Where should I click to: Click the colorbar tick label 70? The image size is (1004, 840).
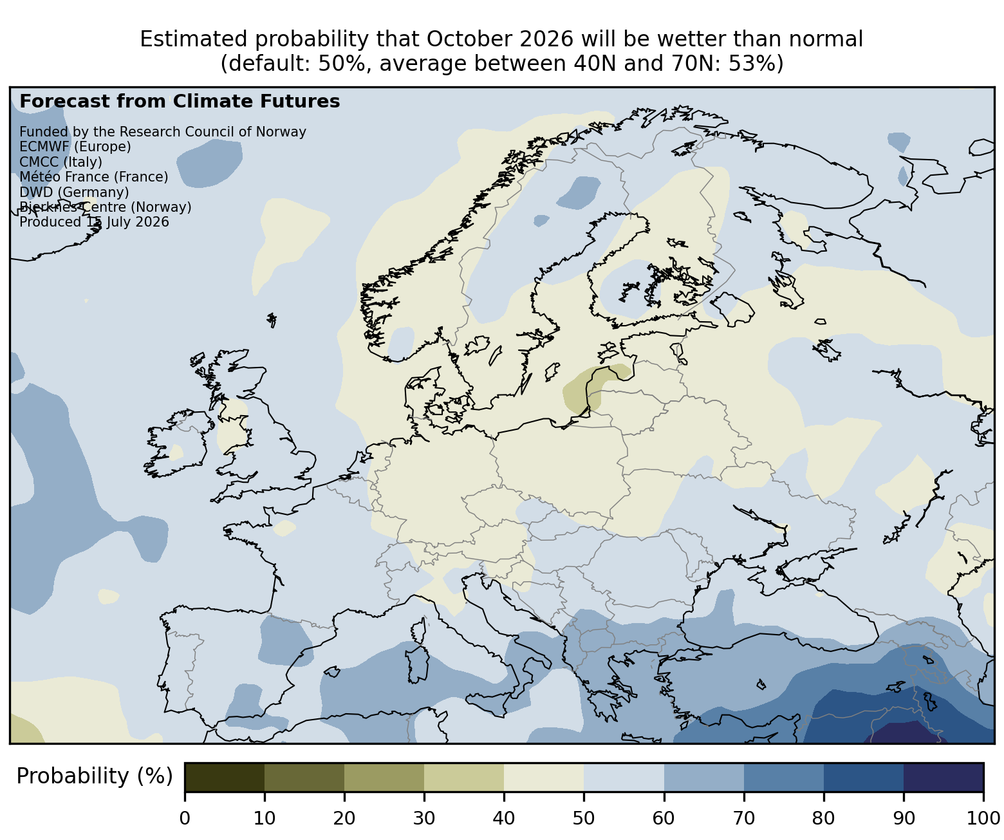pos(744,818)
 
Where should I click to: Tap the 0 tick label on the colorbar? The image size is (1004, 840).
pos(185,818)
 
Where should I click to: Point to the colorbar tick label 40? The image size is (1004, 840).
pos(504,818)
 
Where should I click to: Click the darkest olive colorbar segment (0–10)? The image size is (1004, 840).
pos(225,778)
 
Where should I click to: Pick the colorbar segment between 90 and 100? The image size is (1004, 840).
pos(944,778)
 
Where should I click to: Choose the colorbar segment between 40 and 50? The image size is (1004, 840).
pos(544,778)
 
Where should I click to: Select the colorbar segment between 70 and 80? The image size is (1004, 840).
pos(784,778)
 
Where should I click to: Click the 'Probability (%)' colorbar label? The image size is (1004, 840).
pos(95,776)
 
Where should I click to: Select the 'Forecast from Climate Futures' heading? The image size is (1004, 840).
pos(180,102)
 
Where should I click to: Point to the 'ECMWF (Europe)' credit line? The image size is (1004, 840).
pos(75,147)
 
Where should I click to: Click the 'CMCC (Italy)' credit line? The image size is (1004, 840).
pos(60,162)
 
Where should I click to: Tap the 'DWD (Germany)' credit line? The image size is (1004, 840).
pos(74,192)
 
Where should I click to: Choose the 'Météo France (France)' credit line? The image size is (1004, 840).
pos(94,177)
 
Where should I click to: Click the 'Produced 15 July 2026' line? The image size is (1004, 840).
pos(94,222)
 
